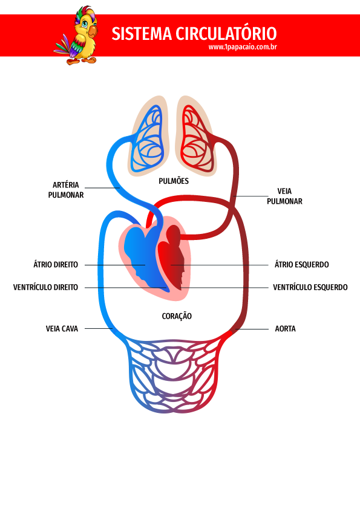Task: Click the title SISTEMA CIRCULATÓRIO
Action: pos(194,33)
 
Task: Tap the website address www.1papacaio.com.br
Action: pos(243,47)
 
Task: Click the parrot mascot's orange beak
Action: pos(93,31)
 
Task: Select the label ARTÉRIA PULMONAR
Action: pos(66,190)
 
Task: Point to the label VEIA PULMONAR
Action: pos(284,196)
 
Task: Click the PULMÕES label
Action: pos(174,181)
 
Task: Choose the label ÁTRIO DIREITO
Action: pos(56,264)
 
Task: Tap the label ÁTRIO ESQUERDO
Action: pos(302,265)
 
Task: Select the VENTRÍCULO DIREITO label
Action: pos(45,287)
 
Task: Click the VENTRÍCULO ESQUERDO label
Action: pos(310,287)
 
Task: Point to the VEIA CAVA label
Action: pos(62,329)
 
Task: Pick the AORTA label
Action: pos(285,329)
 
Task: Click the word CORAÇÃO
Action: pos(177,316)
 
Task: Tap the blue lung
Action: pos(147,140)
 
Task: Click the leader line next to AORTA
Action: pos(252,329)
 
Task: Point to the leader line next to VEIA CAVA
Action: pos(99,328)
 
